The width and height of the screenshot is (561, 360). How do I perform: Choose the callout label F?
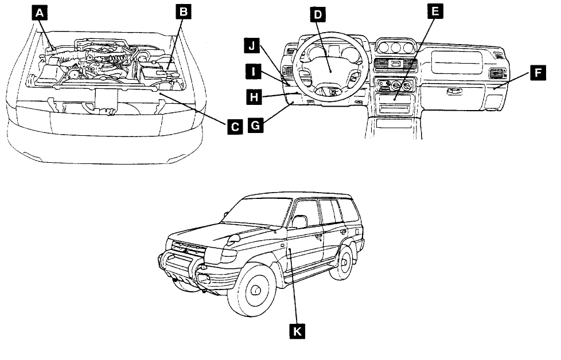[x=537, y=73]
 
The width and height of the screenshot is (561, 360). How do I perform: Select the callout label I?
[x=252, y=71]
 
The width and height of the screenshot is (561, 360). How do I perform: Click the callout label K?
[x=297, y=330]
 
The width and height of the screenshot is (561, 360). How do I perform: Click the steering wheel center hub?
[x=329, y=68]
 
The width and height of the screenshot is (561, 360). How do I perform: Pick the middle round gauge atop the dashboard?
[x=395, y=46]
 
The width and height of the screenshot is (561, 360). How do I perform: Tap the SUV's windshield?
[x=261, y=214]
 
